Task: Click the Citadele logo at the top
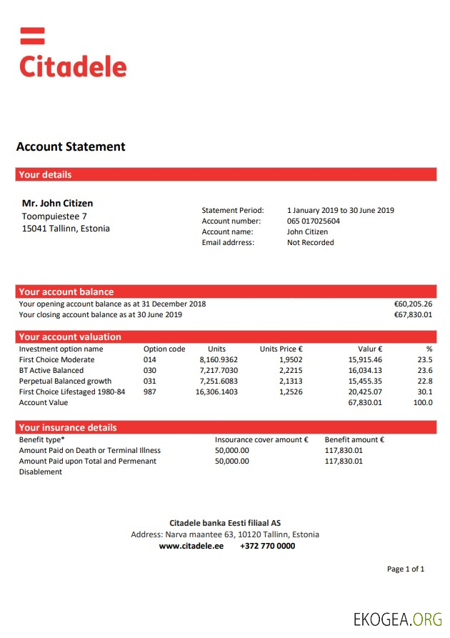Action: click(72, 54)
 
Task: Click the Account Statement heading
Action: click(71, 147)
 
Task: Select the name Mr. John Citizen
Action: click(57, 204)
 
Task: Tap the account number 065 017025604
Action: click(314, 221)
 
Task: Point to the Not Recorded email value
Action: click(310, 243)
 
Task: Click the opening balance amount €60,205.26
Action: click(413, 304)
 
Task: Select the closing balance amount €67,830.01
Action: click(413, 314)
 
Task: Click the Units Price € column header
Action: click(281, 349)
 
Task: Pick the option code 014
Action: click(149, 360)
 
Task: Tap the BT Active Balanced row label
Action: click(51, 371)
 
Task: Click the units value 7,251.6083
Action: click(219, 382)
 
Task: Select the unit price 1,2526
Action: click(291, 392)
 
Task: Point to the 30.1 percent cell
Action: click(424, 392)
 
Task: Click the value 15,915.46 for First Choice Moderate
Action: click(365, 360)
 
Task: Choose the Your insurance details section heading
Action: click(68, 427)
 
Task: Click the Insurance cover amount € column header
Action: click(261, 440)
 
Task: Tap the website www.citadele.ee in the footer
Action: click(191, 546)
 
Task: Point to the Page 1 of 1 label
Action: click(405, 569)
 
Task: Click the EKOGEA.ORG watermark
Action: click(397, 619)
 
